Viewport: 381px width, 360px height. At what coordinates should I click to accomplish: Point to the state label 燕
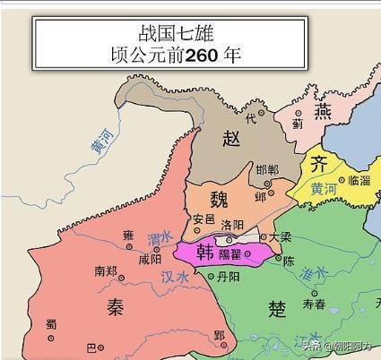324,111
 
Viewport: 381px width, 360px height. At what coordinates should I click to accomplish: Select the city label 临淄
359,181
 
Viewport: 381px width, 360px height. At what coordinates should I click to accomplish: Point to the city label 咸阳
151,259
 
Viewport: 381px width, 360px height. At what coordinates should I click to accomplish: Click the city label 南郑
105,270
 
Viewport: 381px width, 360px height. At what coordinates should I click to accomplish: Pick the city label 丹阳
229,279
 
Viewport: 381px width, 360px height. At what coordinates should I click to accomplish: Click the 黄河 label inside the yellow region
324,189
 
